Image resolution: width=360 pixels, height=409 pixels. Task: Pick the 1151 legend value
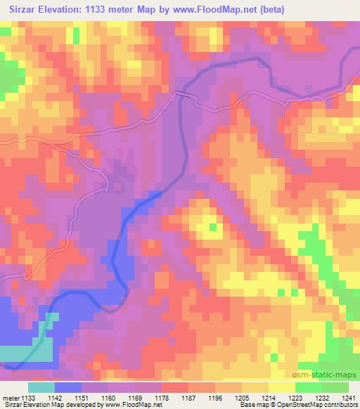tap(82, 397)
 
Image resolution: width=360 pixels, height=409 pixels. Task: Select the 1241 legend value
tap(346, 397)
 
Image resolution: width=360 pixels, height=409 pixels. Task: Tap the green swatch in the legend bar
tap(335, 387)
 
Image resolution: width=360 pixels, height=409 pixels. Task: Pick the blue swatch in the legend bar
tap(68, 387)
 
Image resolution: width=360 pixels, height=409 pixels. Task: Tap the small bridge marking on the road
tap(184, 92)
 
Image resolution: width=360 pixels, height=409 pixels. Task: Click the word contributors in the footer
tap(341, 405)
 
